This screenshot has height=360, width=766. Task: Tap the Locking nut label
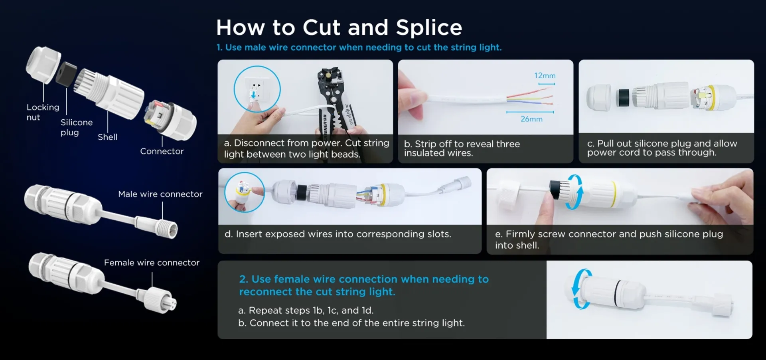(x=43, y=112)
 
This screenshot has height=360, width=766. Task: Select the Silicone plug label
(x=77, y=127)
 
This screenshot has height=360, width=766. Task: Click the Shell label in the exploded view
(x=108, y=137)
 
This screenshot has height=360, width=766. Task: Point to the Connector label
(x=162, y=151)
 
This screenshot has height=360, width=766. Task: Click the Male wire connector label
(x=160, y=194)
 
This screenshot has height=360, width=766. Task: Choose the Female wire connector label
(x=152, y=263)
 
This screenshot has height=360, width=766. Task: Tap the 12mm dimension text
(x=545, y=75)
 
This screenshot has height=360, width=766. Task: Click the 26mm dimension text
(x=531, y=119)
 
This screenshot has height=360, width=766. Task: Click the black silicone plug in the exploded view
(x=66, y=74)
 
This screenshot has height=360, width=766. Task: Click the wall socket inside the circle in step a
(x=255, y=90)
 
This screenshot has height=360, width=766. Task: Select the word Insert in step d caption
(x=249, y=234)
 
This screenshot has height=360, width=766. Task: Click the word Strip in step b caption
(x=424, y=144)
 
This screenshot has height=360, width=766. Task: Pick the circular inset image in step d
(x=245, y=192)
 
